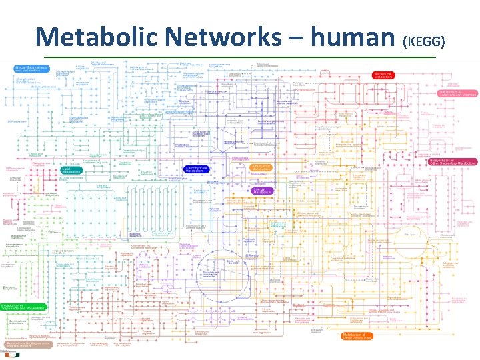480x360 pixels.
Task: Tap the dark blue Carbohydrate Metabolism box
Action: pos(195,169)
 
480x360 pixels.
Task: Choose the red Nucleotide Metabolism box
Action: pos(383,75)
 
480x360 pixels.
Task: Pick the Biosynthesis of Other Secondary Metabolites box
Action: pos(454,161)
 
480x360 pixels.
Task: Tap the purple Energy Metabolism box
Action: pos(263,190)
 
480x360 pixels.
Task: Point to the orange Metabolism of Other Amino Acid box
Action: pos(356,337)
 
